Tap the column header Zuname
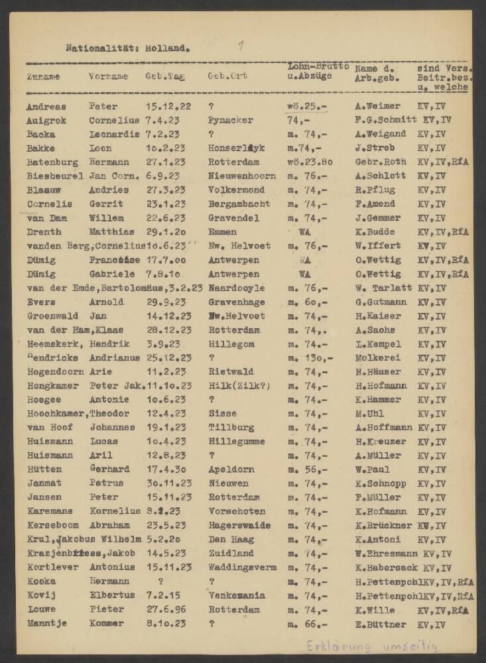(x=43, y=76)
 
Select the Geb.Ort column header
(x=227, y=76)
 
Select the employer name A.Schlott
(x=379, y=176)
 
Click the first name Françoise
(x=113, y=260)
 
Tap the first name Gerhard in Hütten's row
(x=109, y=469)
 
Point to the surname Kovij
(x=40, y=595)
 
